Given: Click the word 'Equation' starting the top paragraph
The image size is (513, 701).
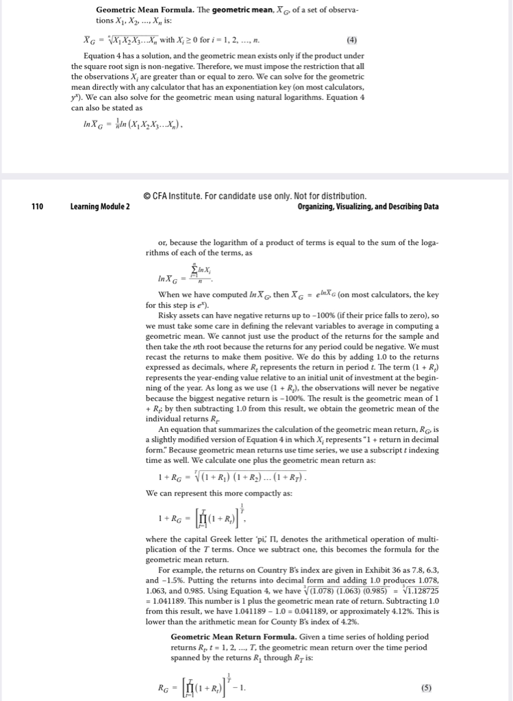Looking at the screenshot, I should (101, 55).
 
